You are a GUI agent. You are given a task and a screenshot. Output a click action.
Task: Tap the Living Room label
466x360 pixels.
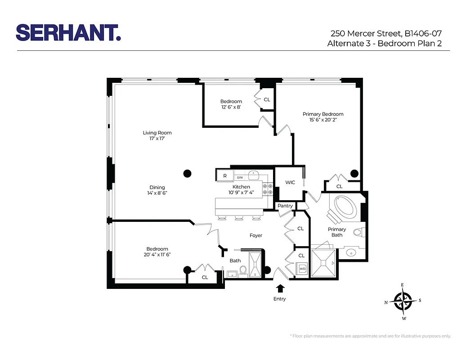157,133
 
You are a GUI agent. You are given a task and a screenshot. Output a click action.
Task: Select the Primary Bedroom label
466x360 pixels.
323,114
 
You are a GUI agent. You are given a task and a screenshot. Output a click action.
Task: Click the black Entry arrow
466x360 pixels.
280,288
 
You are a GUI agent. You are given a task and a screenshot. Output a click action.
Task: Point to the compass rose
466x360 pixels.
403,301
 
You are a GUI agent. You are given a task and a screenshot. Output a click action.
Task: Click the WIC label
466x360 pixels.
290,182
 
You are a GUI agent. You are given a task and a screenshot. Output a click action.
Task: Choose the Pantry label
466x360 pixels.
285,206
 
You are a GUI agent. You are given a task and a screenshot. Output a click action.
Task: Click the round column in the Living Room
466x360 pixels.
187,173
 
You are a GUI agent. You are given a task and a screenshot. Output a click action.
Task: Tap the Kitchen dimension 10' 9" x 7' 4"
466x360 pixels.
241,193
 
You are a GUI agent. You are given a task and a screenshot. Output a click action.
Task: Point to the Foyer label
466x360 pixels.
256,235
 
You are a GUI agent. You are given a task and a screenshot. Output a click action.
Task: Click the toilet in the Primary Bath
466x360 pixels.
358,233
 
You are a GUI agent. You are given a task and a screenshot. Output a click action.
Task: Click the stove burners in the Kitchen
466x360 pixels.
268,189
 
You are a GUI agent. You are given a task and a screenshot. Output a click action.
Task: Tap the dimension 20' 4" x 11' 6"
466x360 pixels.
157,255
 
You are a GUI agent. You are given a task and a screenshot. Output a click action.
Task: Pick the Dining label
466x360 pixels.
157,187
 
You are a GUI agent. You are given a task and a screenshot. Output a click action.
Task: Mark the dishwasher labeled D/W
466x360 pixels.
240,177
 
